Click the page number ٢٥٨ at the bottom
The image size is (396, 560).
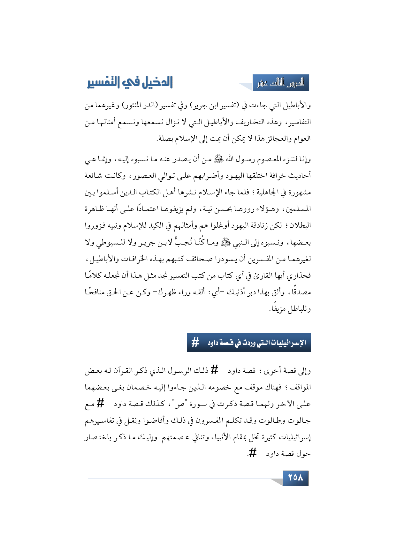pyautogui.click(x=295, y=478)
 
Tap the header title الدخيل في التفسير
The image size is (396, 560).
pyautogui.click(x=130, y=83)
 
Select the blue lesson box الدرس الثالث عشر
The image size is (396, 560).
pyautogui.click(x=281, y=83)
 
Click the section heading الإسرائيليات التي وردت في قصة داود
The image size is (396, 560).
pyautogui.click(x=257, y=343)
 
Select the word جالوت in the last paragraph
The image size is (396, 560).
pyautogui.click(x=301, y=421)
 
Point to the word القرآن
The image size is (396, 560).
pyautogui.click(x=126, y=371)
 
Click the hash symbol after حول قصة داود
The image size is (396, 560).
pyautogui.click(x=252, y=453)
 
